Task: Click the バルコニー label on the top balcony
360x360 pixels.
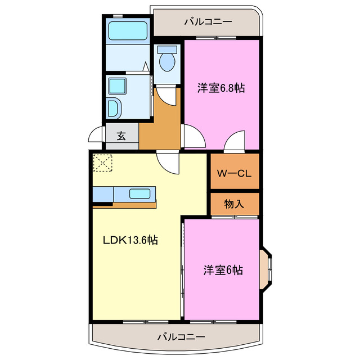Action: tap(208, 22)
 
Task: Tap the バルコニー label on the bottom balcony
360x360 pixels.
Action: tap(181, 337)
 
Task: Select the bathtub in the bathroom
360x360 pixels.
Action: tap(128, 30)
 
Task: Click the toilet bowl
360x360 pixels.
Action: tap(167, 60)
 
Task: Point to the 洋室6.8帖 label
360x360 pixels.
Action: tap(221, 88)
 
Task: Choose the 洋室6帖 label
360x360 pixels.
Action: tap(223, 270)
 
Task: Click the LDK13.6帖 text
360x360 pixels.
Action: tap(130, 240)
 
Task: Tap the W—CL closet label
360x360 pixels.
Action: tap(235, 173)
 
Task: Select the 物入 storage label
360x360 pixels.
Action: tap(234, 204)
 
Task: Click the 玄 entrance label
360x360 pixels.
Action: tap(121, 136)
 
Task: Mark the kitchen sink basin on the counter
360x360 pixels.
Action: tap(139, 194)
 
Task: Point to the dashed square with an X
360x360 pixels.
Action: tap(103, 163)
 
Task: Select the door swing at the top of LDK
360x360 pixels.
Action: tap(168, 162)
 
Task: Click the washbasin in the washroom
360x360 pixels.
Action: tap(112, 107)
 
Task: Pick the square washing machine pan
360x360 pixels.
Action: tap(118, 85)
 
